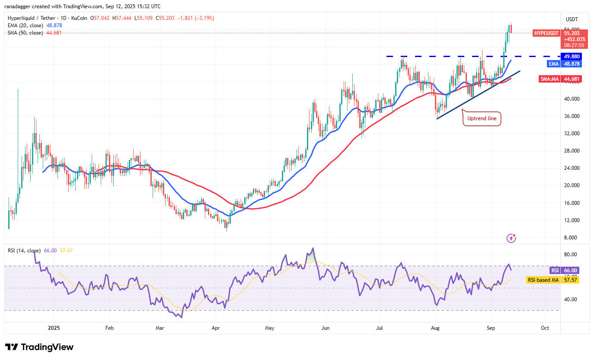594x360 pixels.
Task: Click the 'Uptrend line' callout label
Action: click(482, 118)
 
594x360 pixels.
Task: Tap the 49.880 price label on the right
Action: click(572, 56)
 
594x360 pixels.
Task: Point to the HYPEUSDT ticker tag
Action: click(546, 33)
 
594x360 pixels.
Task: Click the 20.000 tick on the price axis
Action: click(572, 185)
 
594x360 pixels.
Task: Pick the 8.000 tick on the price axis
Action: click(572, 238)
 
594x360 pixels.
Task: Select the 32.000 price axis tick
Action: click(572, 134)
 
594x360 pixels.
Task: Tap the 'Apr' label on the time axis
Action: click(216, 328)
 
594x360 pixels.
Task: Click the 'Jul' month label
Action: click(379, 328)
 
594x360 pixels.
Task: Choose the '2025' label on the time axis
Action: click(54, 328)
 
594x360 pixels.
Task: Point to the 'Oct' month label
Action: click(545, 328)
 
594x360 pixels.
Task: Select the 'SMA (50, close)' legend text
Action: click(26, 33)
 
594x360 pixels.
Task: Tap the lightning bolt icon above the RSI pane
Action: click(511, 238)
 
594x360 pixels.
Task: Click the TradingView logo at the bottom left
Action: click(39, 347)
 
